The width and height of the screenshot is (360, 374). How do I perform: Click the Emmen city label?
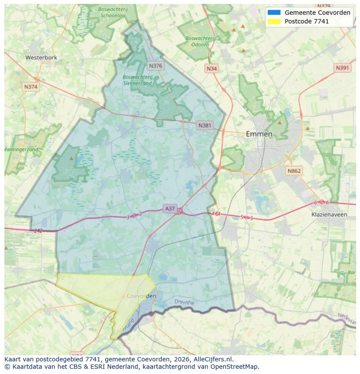[x=259, y=134]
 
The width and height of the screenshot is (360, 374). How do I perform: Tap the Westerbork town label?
[x=41, y=57]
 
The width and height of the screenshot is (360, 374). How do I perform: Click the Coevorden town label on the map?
[x=142, y=296]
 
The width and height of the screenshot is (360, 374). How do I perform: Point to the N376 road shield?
[x=155, y=66]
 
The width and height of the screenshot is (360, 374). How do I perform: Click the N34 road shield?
[x=211, y=69]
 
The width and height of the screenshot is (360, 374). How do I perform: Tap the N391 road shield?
[x=343, y=68]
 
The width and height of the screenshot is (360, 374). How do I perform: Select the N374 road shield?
[x=31, y=87]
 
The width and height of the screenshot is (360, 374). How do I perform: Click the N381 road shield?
[x=205, y=126]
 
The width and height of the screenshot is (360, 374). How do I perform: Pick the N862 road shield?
[x=294, y=171]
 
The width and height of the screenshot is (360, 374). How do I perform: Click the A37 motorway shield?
[x=170, y=209]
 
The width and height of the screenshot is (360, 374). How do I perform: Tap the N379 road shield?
[x=324, y=6]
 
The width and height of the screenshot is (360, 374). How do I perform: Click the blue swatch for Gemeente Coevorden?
[x=274, y=13]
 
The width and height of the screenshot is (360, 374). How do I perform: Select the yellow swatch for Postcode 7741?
[x=274, y=21]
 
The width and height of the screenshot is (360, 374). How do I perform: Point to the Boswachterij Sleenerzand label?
[x=137, y=80]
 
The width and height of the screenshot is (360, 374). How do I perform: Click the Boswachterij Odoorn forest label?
[x=200, y=41]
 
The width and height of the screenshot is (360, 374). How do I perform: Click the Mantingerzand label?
[x=21, y=149]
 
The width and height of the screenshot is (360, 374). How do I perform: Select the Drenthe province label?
[x=184, y=301]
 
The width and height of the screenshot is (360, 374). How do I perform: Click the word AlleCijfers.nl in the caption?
[x=213, y=359]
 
